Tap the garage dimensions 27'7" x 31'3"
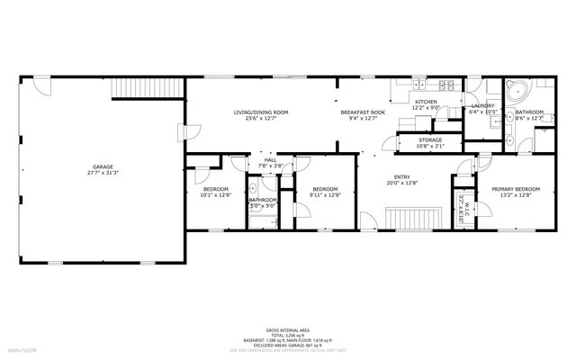click(x=103, y=173)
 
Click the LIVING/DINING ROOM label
click(x=261, y=112)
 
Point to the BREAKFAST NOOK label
click(x=364, y=112)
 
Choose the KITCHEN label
click(x=426, y=102)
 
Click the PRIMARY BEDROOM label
click(x=515, y=188)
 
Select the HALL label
click(x=269, y=159)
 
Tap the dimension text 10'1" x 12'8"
click(x=215, y=195)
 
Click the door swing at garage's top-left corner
click(x=39, y=85)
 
